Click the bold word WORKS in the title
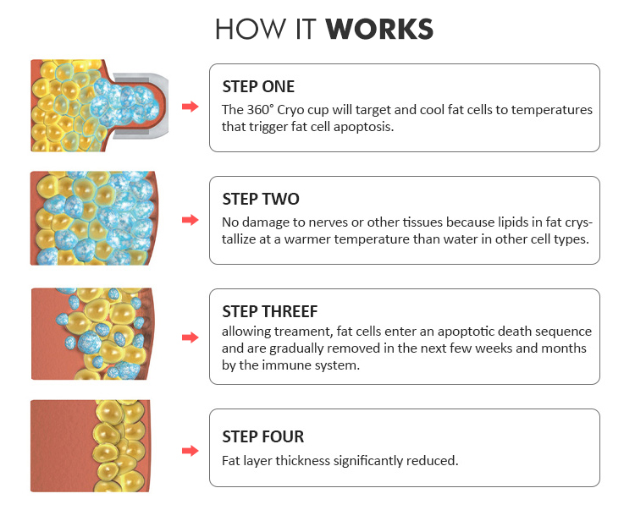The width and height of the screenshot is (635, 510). coord(379,29)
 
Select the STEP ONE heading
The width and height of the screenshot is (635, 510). coord(258,86)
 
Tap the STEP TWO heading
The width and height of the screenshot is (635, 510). coord(261,199)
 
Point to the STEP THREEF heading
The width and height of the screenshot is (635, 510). coord(270,311)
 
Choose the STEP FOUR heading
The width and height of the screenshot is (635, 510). coord(262,436)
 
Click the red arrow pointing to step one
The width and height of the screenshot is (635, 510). coord(190,107)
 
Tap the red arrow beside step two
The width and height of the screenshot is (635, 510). coord(190,220)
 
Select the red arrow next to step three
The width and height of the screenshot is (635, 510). coord(190,337)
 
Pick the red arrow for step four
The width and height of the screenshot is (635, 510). coord(190,451)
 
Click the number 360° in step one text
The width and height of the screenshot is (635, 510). coord(260,110)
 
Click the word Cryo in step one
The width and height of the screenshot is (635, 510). coord(290,111)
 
